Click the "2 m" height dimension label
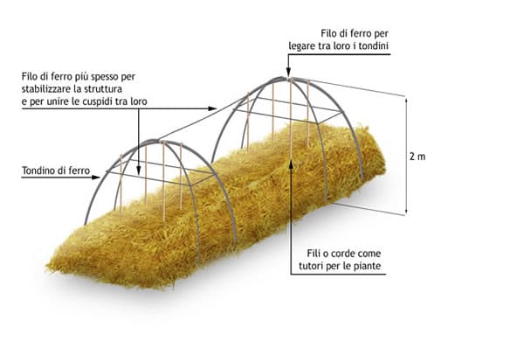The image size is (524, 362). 417,157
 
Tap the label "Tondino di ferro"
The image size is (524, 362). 56,171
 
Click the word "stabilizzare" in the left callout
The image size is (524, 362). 45,89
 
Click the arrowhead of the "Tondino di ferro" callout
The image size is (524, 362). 96,178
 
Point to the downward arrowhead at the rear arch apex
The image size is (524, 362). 288,73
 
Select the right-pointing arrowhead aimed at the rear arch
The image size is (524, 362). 212,108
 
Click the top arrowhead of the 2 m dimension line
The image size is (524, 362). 406,101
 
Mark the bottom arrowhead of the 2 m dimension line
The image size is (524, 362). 406,212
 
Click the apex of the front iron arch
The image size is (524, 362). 155,141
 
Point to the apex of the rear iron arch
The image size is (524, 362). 282,79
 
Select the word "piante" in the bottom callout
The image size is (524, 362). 368,266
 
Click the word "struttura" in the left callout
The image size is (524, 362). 104,89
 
